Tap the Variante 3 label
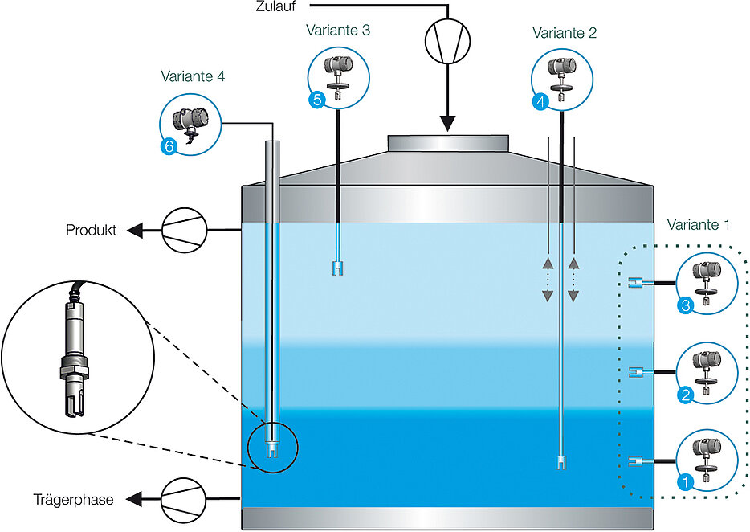coord(338,30)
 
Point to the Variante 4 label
coord(192,77)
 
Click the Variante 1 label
coord(698,225)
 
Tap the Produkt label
coord(91,231)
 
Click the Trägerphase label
coord(73,499)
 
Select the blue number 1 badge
coord(685,483)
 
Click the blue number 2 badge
coord(685,395)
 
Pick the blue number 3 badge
coord(685,305)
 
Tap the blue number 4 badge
coord(540,102)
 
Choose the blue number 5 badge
coord(316,101)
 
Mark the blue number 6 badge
coord(168,146)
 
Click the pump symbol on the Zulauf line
coord(446,39)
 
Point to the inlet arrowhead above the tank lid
coord(446,124)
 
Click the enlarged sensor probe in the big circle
coord(75,358)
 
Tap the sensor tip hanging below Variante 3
coord(338,268)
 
